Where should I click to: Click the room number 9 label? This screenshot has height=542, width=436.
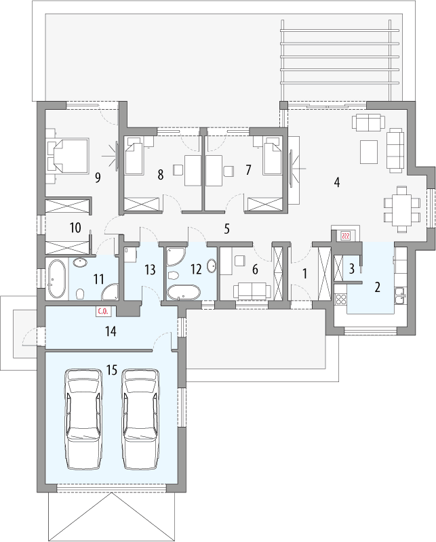98,178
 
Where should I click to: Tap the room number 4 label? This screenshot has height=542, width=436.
336,182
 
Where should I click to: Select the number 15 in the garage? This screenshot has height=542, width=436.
112,370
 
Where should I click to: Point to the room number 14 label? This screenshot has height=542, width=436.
111,331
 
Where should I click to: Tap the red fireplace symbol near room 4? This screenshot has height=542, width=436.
344,235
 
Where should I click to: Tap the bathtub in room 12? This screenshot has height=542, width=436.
183,293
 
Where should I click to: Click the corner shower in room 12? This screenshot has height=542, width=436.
177,257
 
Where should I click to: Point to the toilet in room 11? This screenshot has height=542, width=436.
81,294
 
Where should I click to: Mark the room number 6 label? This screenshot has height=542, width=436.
255,269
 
